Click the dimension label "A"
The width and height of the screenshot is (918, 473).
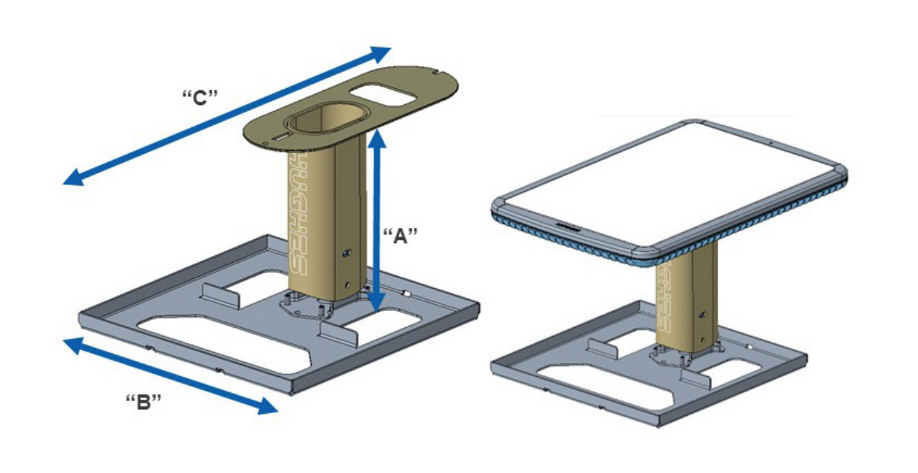point(400,236)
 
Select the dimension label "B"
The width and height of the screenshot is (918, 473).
point(144,402)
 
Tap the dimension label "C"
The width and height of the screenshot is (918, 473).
point(200,98)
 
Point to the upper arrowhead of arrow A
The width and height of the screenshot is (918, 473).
point(377,138)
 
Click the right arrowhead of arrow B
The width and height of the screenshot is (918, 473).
point(267,406)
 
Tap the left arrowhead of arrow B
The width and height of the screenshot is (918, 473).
point(74,345)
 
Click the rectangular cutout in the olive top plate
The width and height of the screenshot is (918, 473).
point(383,95)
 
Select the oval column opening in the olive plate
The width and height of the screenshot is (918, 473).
point(326,118)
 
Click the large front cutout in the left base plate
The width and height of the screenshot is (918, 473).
point(224,343)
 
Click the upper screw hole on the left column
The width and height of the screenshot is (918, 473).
point(347,252)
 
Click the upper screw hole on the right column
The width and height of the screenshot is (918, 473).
point(703,315)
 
